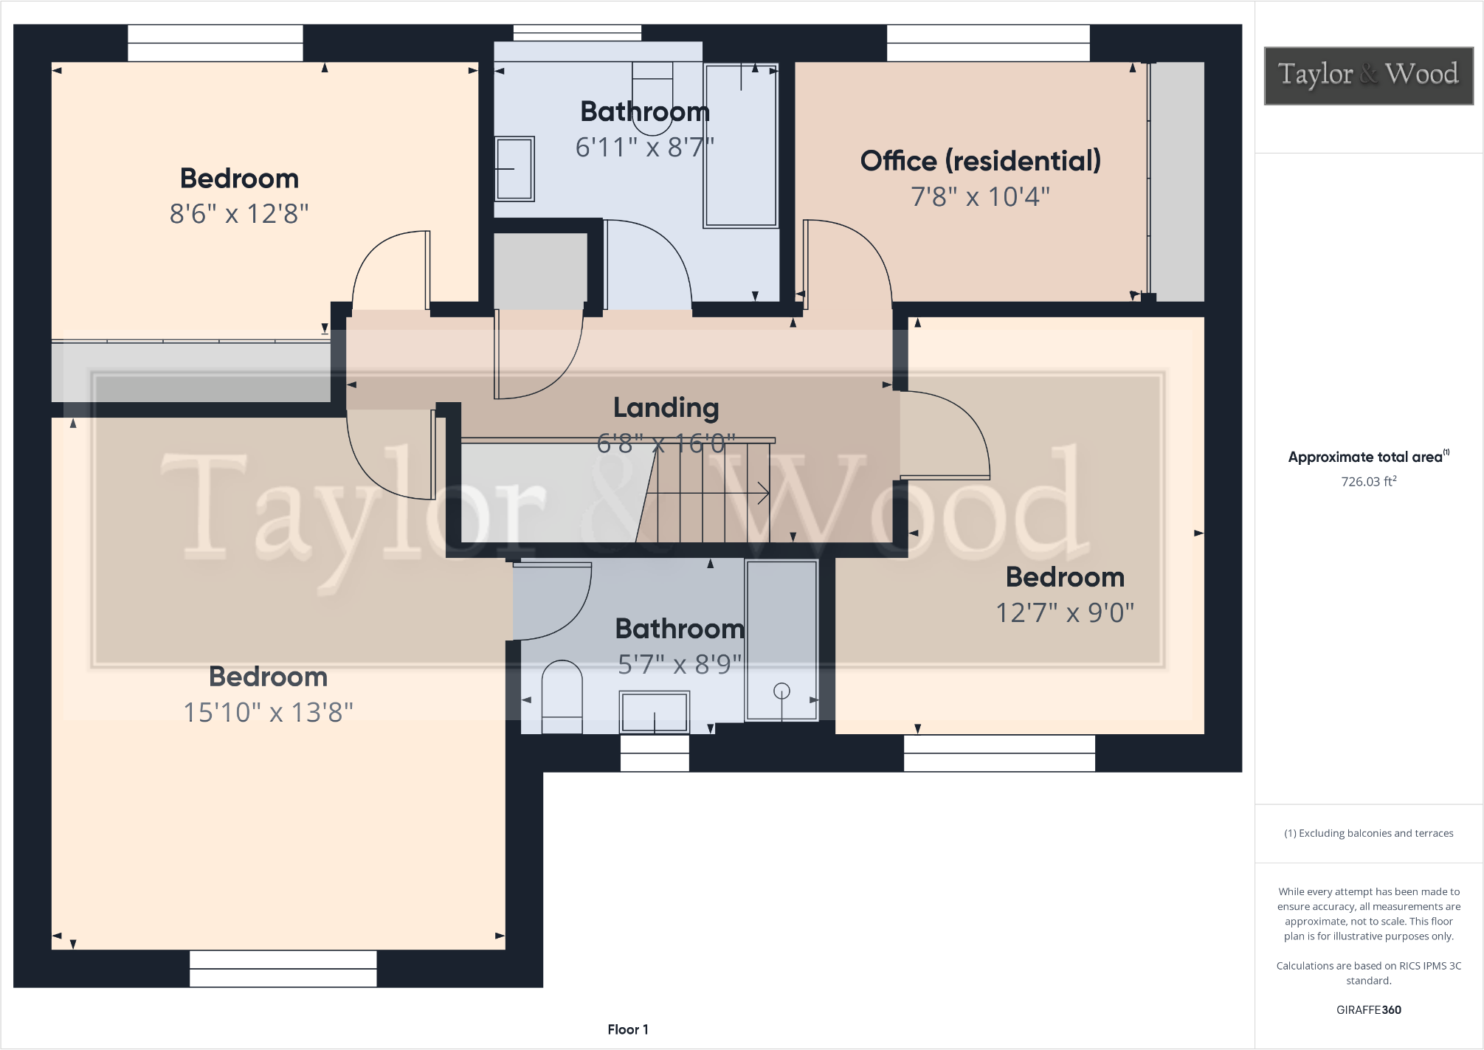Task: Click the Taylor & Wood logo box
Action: coord(1368,76)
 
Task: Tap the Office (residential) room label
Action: coord(980,161)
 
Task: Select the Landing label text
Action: coord(666,407)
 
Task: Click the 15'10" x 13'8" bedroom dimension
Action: coord(268,712)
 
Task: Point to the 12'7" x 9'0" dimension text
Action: coord(1064,612)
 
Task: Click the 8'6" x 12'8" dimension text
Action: coord(239,214)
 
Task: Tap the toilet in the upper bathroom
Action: coord(652,96)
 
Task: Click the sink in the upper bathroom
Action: coord(514,168)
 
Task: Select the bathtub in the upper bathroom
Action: coord(741,145)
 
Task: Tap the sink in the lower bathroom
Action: coord(655,712)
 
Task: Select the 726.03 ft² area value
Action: coord(1368,482)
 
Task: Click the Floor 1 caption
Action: coord(627,1029)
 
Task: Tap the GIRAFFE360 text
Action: coord(1368,1010)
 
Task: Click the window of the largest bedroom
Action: coord(283,968)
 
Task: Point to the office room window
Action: coord(987,44)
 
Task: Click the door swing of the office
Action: coord(849,258)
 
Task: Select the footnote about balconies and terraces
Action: coord(1368,833)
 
